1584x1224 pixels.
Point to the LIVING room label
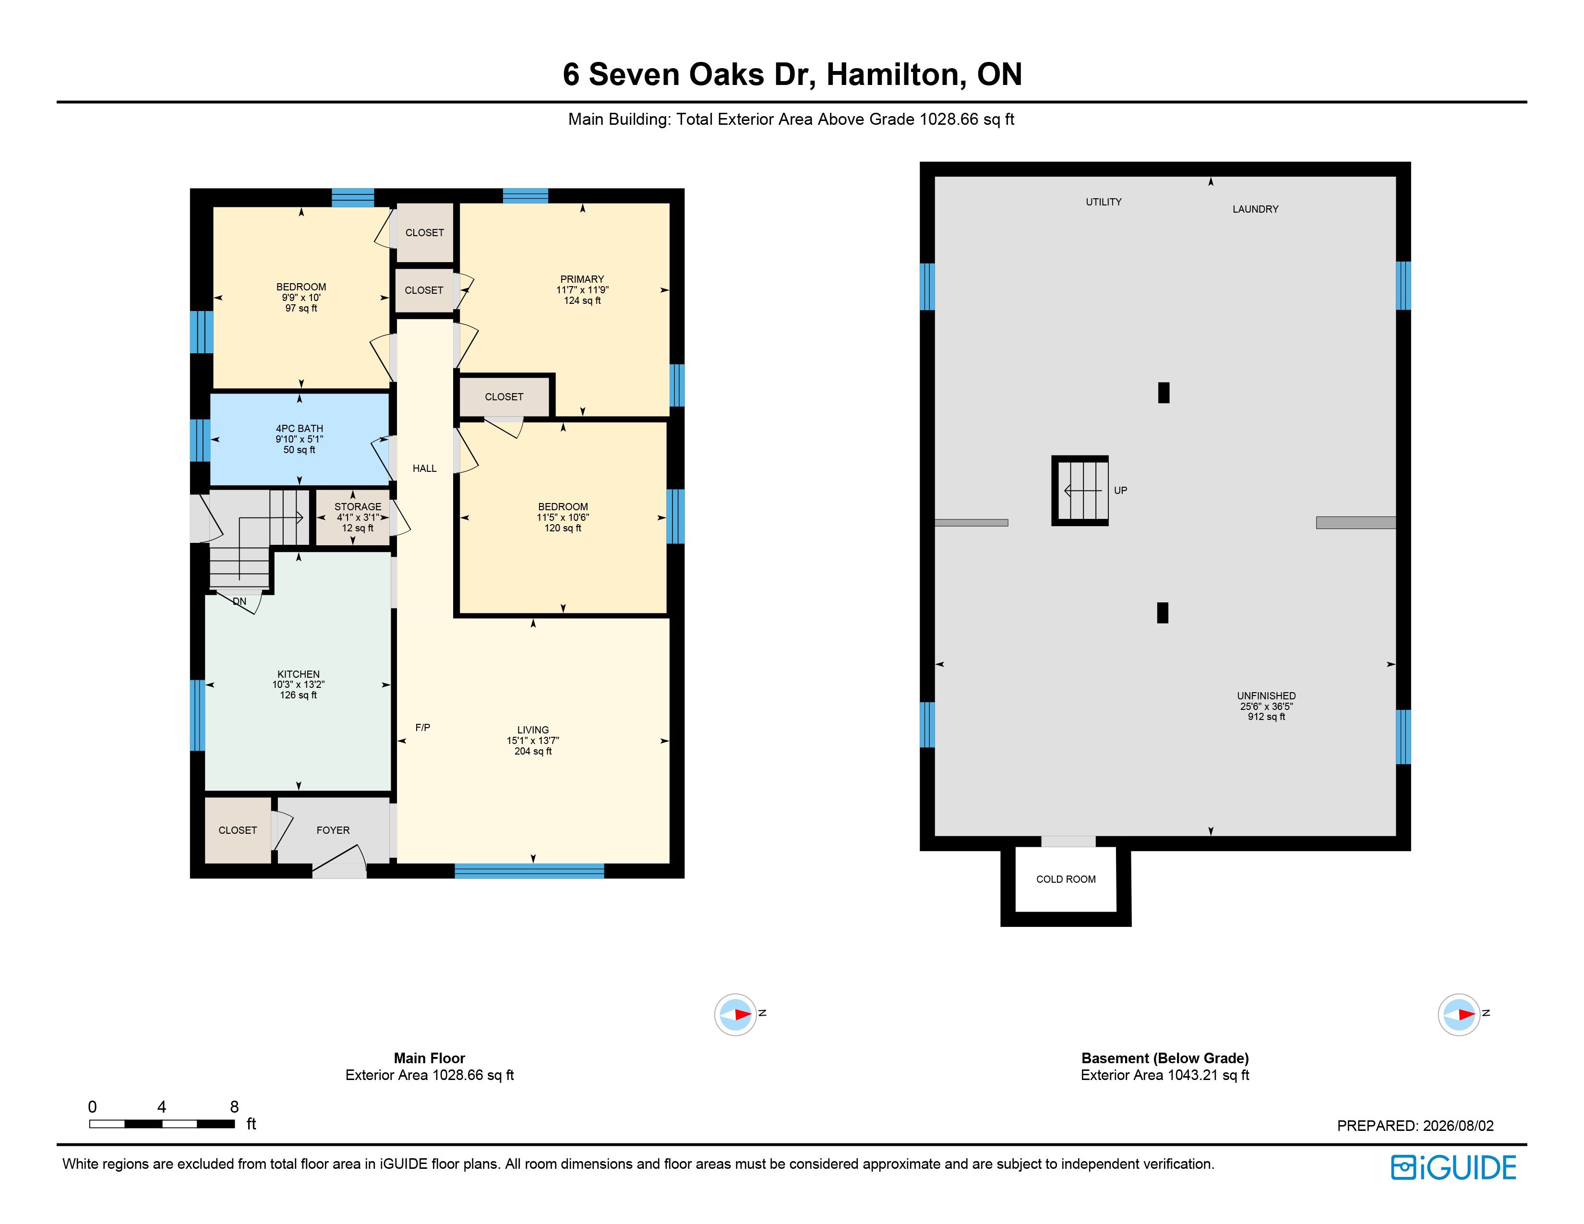[x=533, y=730]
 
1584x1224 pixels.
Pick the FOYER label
[x=333, y=830]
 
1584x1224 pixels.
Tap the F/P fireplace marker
[x=423, y=727]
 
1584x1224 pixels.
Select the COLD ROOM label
[x=1066, y=879]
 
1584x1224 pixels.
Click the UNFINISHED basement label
[x=1266, y=696]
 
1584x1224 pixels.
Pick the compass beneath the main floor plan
[x=735, y=1014]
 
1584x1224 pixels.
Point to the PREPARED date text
[x=1416, y=1126]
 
